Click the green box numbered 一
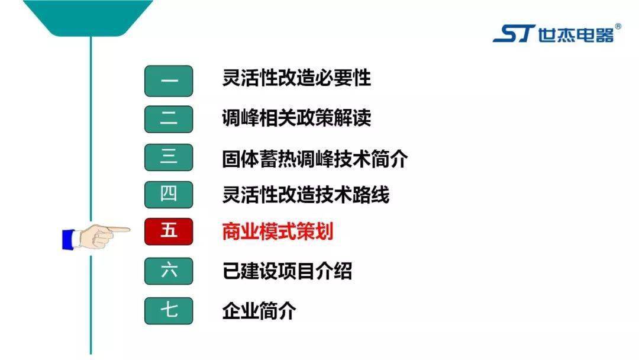coord(169,81)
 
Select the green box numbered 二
coord(169,119)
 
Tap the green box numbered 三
coord(169,157)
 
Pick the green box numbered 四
coord(169,194)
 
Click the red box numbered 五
coord(169,232)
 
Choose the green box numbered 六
coord(169,271)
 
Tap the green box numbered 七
coord(169,311)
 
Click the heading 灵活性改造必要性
coord(296,78)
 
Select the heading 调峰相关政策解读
coord(296,118)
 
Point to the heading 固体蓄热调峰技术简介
coord(315,159)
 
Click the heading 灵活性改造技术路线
coord(306,194)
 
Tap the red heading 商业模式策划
coord(277,232)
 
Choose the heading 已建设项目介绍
coord(288,271)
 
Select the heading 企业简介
coord(259,311)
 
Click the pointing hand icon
coord(96,237)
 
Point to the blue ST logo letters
coord(514,33)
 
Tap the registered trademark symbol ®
coord(618,27)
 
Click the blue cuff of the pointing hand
coord(67,239)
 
